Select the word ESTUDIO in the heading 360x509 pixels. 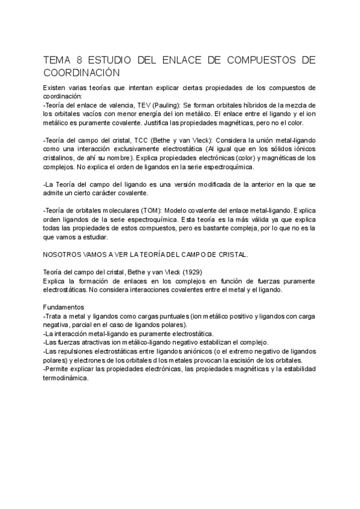pyautogui.click(x=110, y=61)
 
